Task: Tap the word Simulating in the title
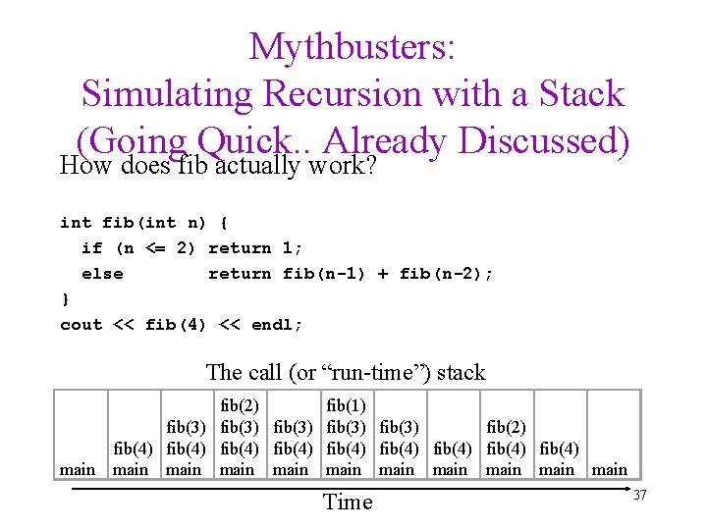point(162,94)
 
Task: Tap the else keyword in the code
point(102,274)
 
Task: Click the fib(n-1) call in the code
point(324,274)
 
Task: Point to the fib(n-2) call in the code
point(441,274)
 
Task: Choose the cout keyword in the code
point(81,325)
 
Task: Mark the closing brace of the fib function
point(65,299)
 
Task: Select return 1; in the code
point(255,248)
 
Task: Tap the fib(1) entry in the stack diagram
point(346,405)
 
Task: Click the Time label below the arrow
point(348,503)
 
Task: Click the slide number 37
point(639,496)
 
